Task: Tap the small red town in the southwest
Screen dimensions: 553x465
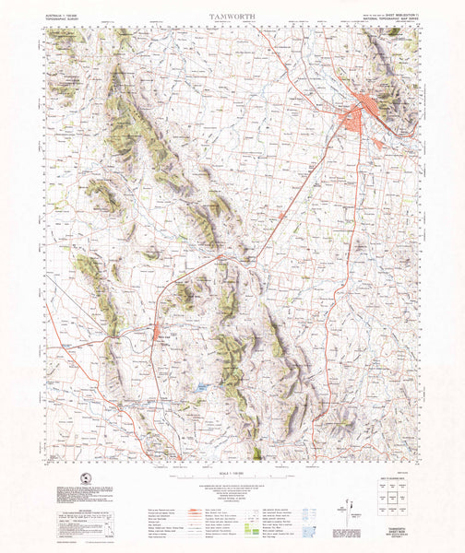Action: coord(158,333)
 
